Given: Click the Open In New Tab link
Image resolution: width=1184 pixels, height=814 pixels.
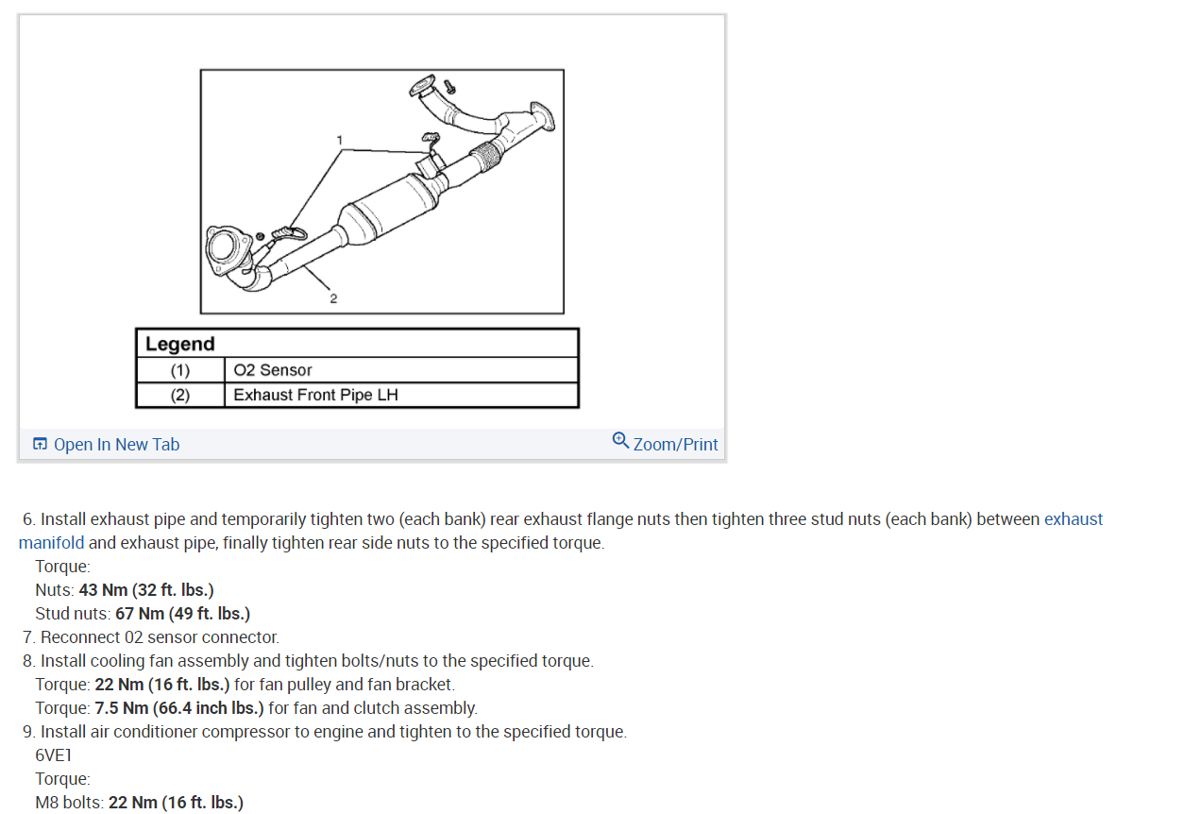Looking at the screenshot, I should click(116, 445).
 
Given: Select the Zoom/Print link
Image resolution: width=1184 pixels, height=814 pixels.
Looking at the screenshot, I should click(675, 444).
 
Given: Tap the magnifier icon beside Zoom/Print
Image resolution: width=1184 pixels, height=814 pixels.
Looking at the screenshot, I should click(620, 440).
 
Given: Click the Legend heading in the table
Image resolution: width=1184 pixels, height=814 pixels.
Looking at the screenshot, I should click(180, 344).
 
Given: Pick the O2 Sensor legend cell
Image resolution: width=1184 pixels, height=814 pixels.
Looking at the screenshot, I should click(273, 370).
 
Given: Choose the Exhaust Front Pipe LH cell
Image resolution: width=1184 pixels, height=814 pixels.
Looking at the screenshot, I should click(315, 395).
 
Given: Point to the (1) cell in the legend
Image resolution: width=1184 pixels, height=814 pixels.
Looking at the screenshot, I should click(179, 370).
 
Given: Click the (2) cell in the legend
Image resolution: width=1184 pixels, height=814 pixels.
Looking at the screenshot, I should click(179, 395).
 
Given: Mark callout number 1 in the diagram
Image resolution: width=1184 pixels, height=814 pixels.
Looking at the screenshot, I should click(340, 140).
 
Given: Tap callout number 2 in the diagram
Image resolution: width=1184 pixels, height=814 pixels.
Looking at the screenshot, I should click(332, 298).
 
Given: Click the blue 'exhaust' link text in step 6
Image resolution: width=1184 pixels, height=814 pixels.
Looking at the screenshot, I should click(1073, 519).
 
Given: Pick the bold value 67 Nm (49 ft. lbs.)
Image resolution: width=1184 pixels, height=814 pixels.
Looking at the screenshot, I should click(182, 614).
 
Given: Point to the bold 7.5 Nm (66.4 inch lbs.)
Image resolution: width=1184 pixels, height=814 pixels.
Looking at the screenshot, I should click(179, 708).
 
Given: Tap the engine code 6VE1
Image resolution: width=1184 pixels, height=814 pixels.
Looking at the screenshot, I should click(54, 755).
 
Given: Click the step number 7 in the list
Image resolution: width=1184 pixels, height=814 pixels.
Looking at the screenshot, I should click(28, 637).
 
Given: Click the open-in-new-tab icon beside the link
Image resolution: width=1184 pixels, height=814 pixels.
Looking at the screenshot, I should click(40, 445).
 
